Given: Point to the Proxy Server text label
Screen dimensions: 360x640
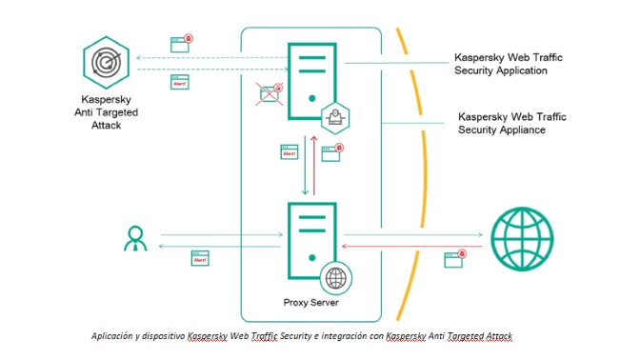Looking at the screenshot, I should pos(310,303).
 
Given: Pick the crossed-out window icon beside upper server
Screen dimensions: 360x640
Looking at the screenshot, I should pos(271,93).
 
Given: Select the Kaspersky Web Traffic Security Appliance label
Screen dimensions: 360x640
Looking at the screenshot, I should pos(511,123).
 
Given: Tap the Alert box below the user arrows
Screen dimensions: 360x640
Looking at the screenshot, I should pos(201,259).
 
